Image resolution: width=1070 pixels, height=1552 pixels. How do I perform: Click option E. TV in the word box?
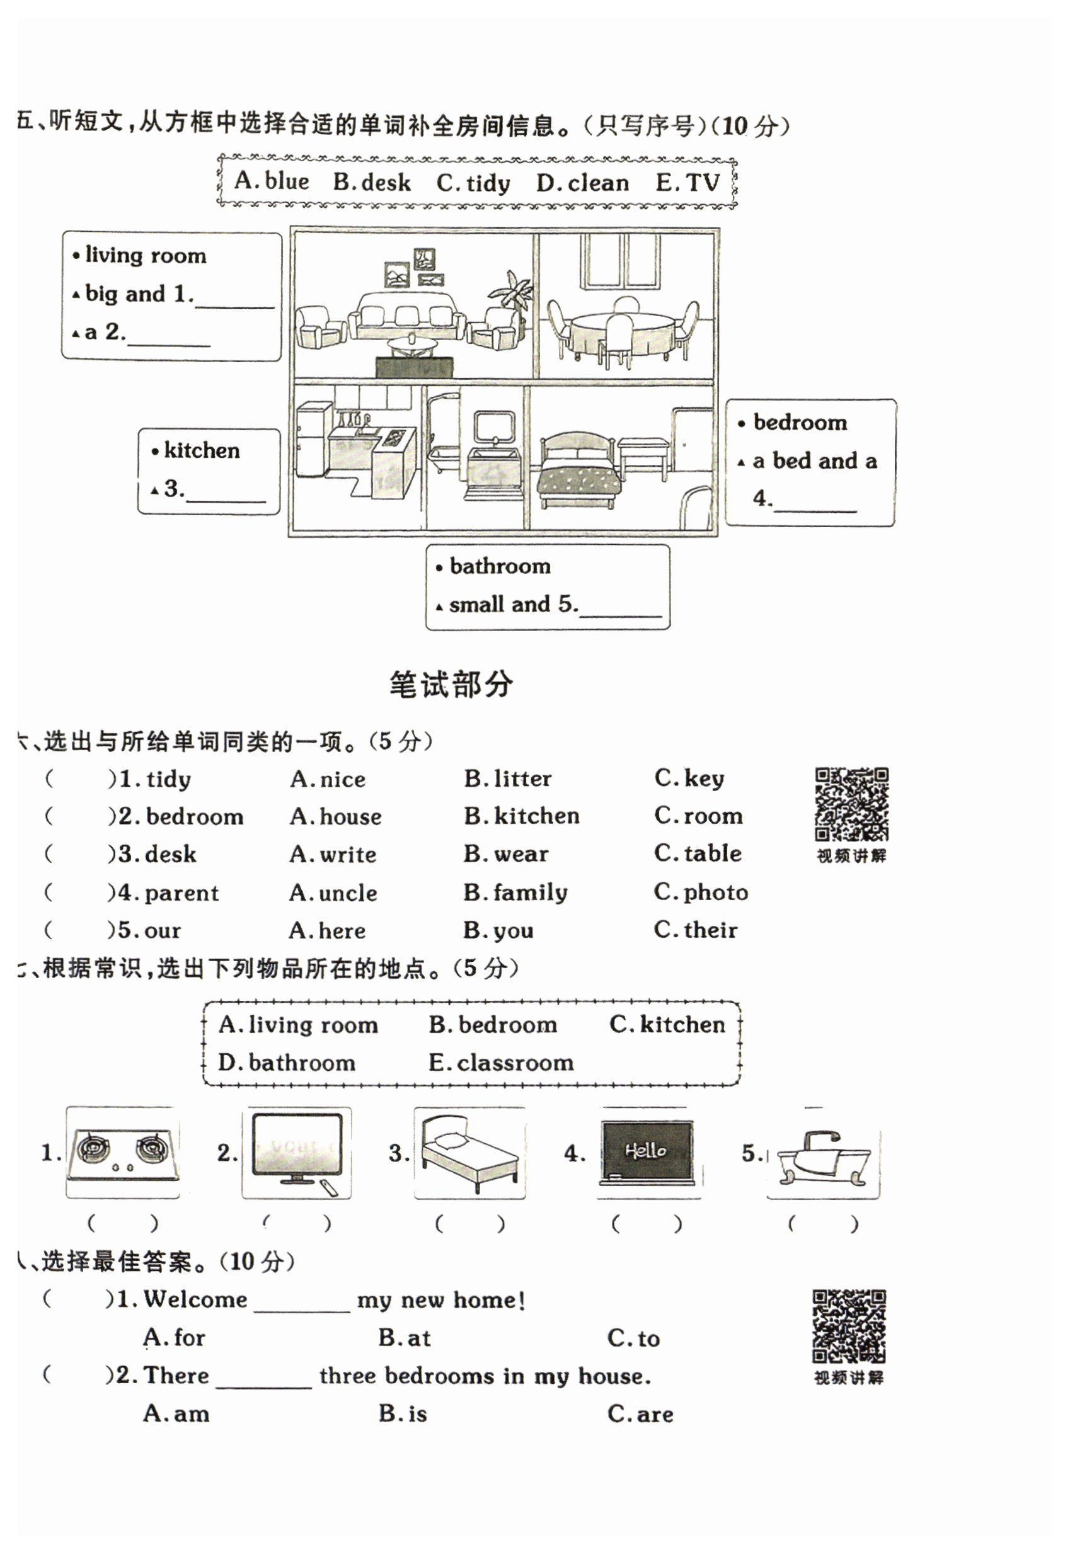[x=687, y=182]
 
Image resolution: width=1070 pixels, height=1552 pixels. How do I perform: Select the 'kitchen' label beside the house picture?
[x=201, y=450]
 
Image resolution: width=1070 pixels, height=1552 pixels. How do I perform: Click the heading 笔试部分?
[x=451, y=685]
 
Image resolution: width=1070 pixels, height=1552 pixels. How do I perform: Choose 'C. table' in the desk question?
[x=698, y=853]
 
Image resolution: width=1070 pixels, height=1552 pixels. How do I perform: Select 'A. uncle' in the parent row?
[x=333, y=893]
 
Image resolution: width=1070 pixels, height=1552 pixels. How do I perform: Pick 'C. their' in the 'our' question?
[x=695, y=930]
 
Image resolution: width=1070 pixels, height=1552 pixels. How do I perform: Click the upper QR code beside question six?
[x=851, y=804]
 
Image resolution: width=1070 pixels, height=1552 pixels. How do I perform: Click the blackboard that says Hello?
[x=647, y=1151]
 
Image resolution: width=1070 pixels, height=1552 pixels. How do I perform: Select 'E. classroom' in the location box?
[x=501, y=1063]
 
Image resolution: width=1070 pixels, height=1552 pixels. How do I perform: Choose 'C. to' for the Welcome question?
[x=633, y=1338]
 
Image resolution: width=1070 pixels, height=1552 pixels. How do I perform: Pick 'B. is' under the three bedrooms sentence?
[x=402, y=1414]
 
